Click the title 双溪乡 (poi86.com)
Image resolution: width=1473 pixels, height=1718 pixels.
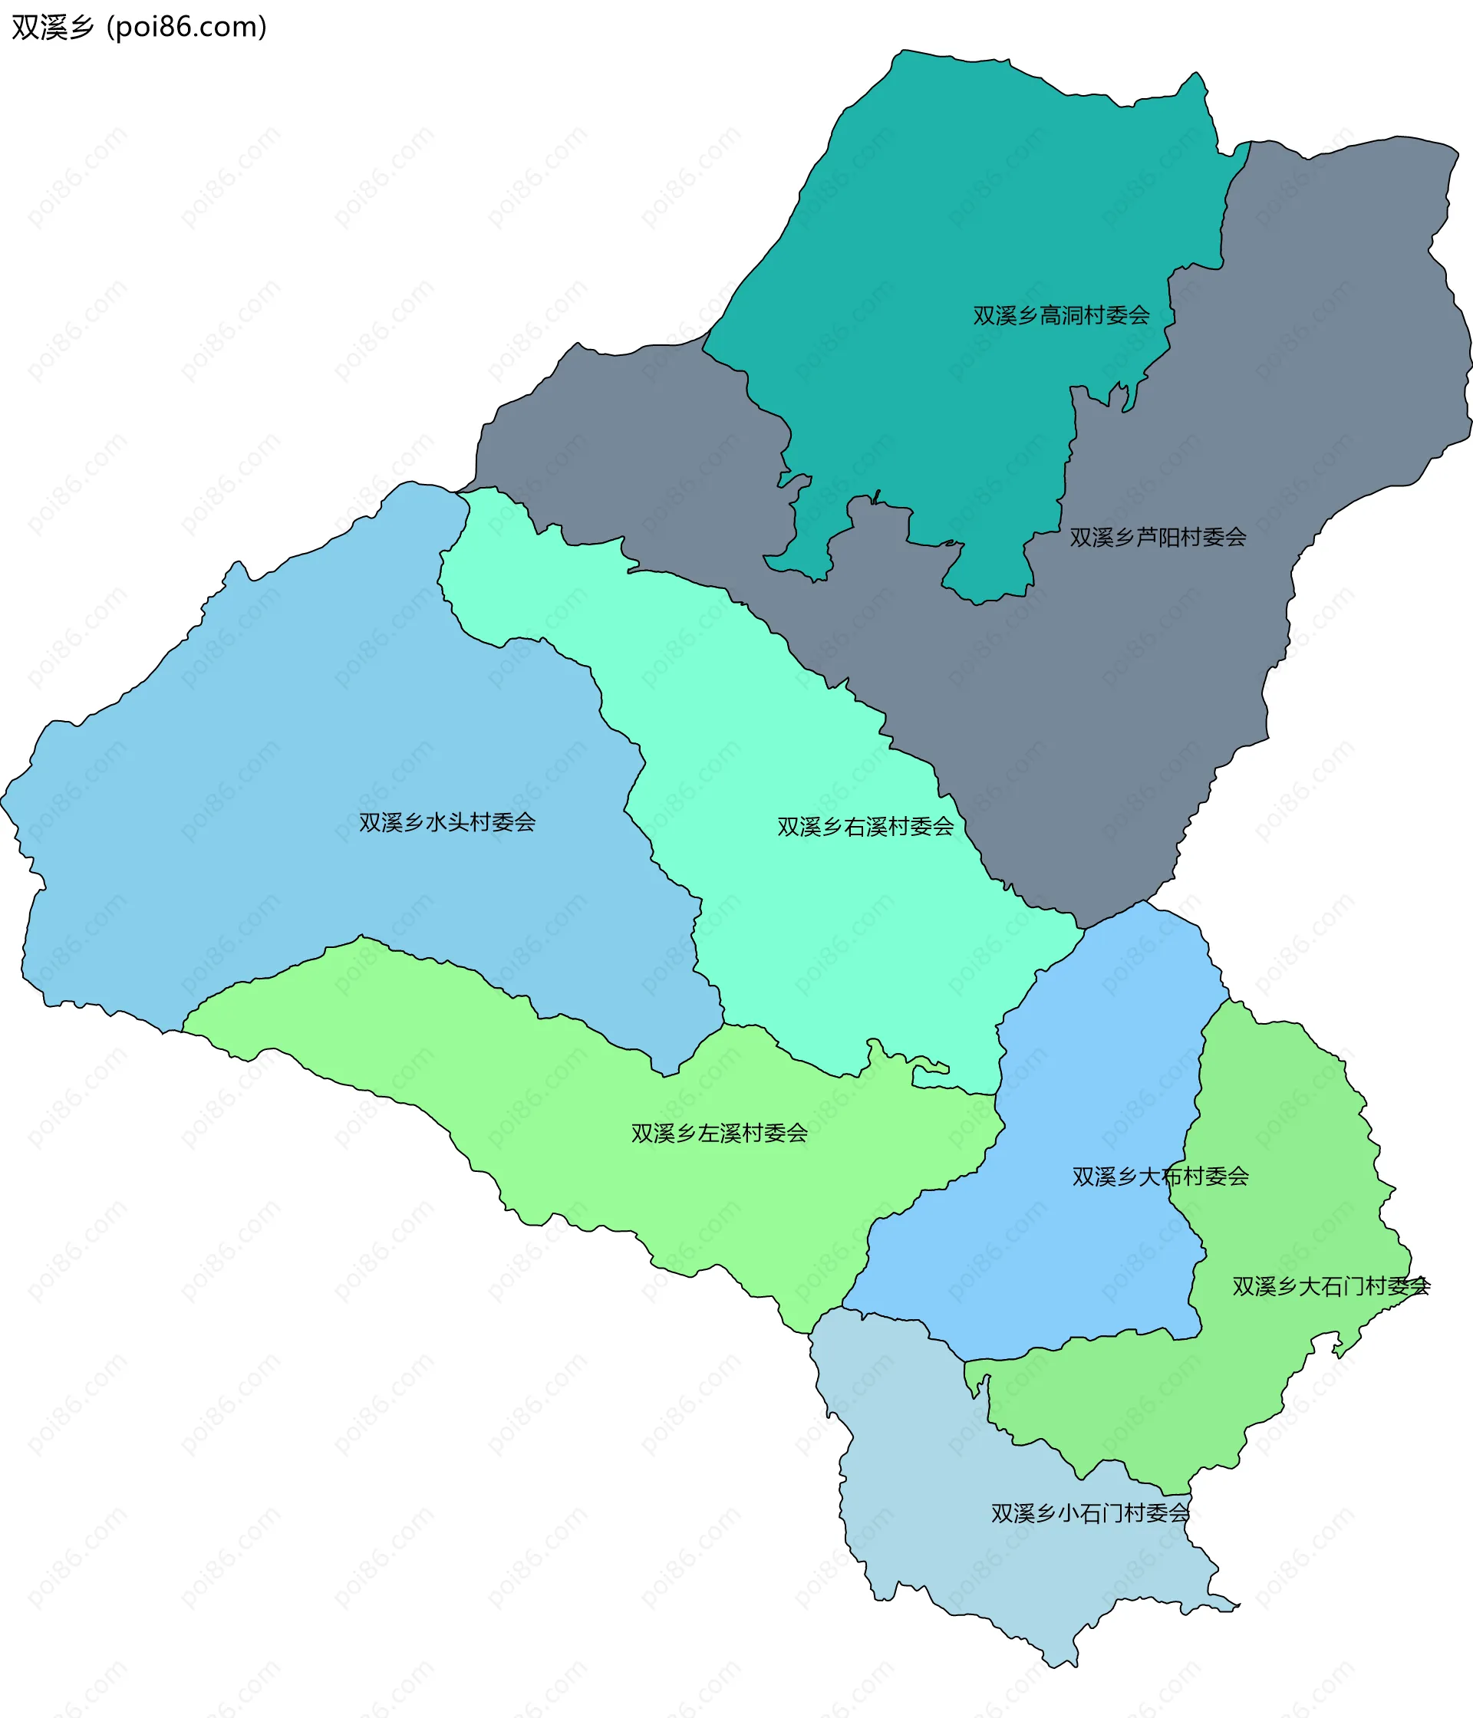pyautogui.click(x=139, y=28)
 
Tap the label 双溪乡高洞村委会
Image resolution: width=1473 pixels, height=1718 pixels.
pyautogui.click(x=1061, y=315)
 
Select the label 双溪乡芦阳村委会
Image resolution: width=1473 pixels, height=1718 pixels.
pyautogui.click(x=1157, y=538)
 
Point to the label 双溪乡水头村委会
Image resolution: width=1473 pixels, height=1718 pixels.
pyautogui.click(x=447, y=821)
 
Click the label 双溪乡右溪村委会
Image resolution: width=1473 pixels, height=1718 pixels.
pyautogui.click(x=865, y=826)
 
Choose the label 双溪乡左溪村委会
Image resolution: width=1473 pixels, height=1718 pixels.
pyautogui.click(x=719, y=1133)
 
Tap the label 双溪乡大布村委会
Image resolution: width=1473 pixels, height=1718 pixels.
pyautogui.click(x=1159, y=1176)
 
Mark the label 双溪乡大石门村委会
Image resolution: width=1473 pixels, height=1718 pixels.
pyautogui.click(x=1330, y=1286)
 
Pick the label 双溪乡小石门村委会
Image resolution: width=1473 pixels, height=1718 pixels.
pyautogui.click(x=1090, y=1513)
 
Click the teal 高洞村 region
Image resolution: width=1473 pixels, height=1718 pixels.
pyautogui.click(x=954, y=207)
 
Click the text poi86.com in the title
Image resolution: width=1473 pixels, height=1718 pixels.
pyautogui.click(x=186, y=28)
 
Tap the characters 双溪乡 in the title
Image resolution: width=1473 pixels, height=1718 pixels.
pyautogui.click(x=52, y=28)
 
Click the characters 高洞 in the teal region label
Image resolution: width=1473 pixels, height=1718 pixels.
pyautogui.click(x=1061, y=315)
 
